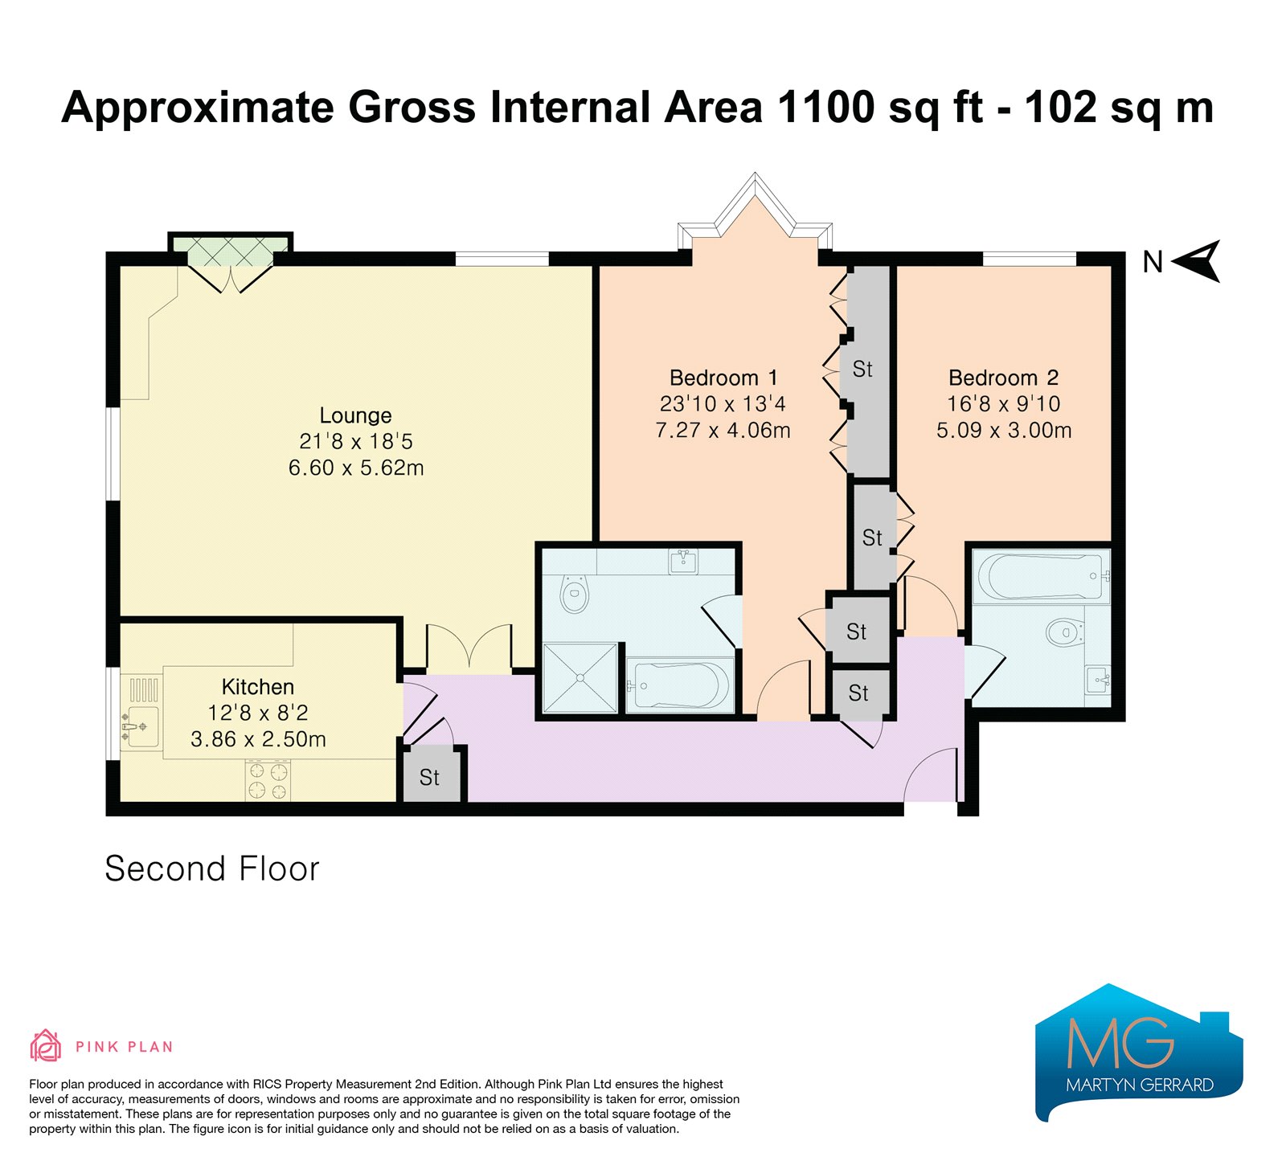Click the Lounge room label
pos(355,415)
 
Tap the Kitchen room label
pos(258,687)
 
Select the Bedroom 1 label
pos(723,378)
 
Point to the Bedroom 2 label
pos(1003,378)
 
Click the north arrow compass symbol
pos(1198,261)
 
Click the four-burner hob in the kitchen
pos(268,780)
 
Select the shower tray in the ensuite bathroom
pos(580,677)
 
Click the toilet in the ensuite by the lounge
pos(574,594)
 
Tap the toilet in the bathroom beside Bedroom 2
pos(1066,632)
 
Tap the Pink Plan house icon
pos(45,1045)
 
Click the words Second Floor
pos(212,869)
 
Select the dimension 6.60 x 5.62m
pos(356,468)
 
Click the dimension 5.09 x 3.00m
pos(1004,431)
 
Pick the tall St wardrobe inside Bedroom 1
pos(869,371)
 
